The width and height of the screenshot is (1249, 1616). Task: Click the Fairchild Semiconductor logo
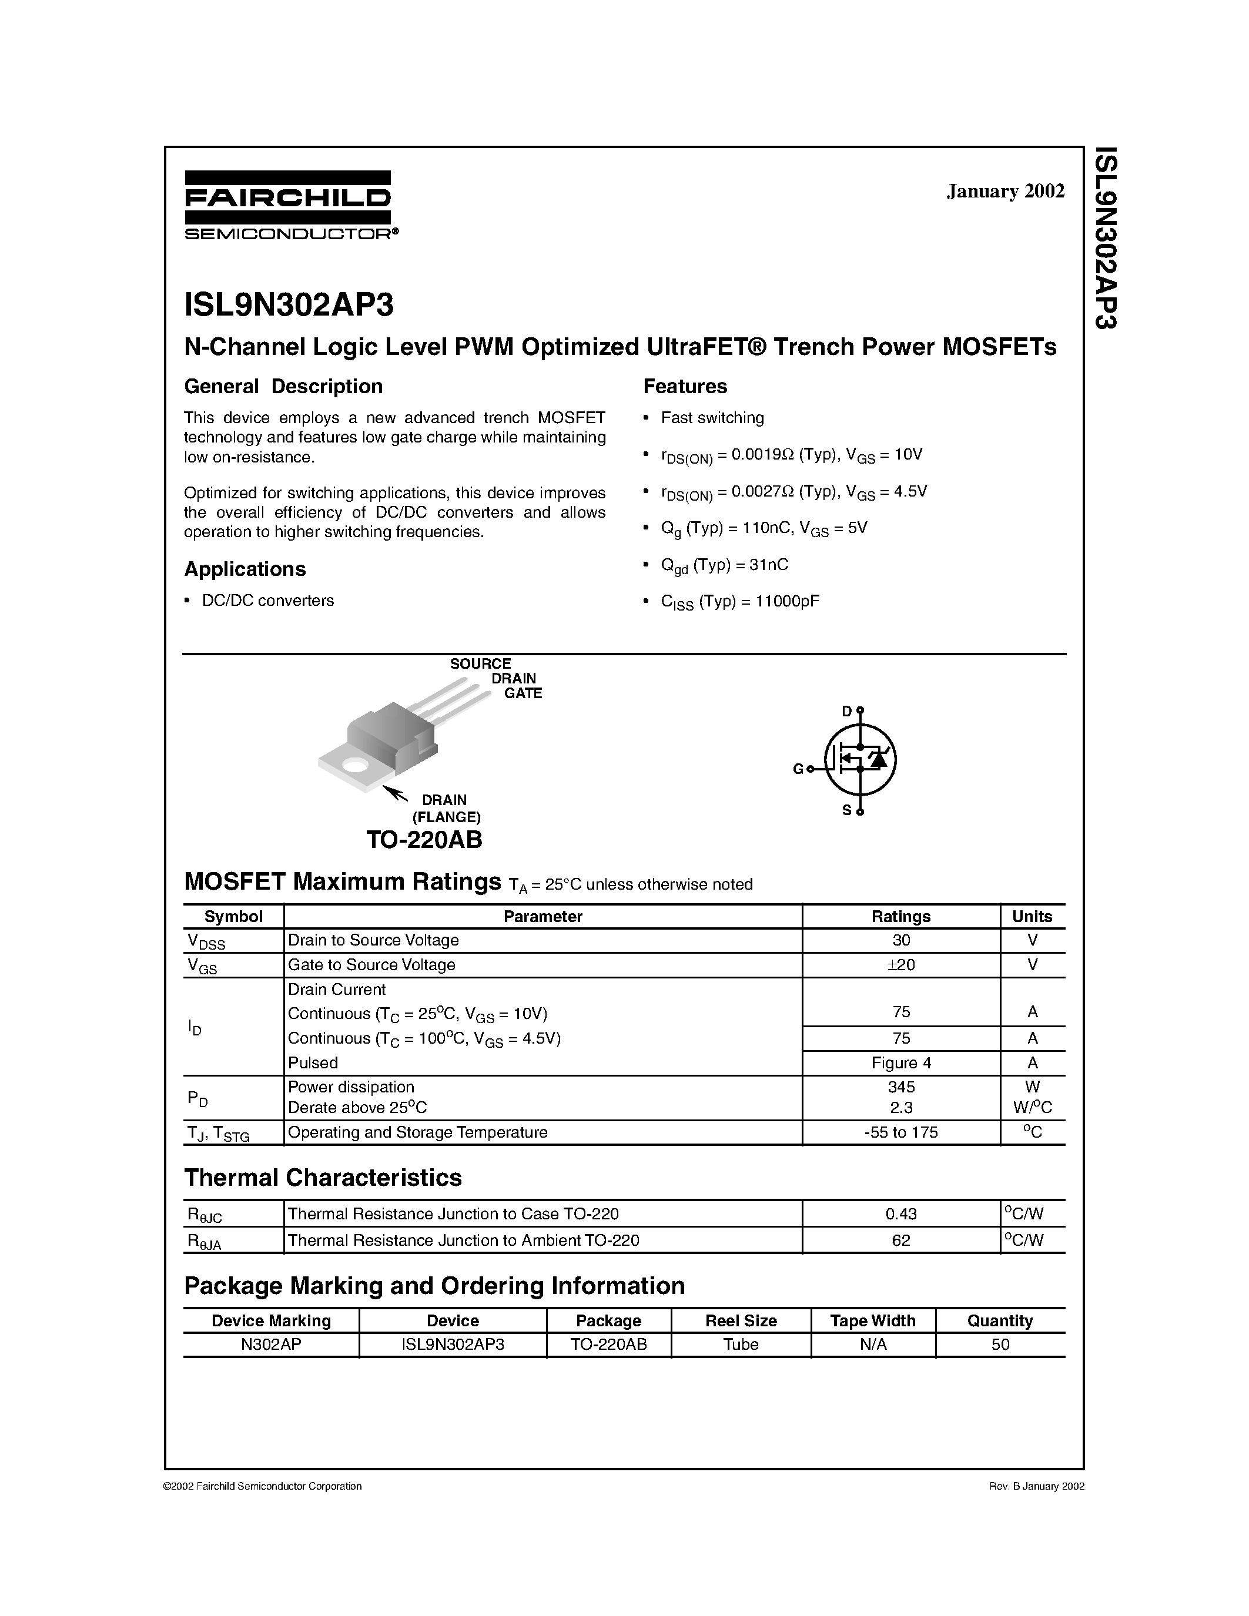click(x=288, y=205)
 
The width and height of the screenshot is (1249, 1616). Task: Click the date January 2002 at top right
click(x=1005, y=191)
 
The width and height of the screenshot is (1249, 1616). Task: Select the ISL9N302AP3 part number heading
click(x=289, y=304)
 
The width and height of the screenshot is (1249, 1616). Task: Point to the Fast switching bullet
click(x=712, y=418)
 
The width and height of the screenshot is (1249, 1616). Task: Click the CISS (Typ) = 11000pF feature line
click(x=740, y=602)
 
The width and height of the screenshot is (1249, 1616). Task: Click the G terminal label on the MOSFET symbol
click(x=798, y=769)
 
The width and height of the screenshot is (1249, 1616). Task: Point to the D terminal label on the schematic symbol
click(x=846, y=712)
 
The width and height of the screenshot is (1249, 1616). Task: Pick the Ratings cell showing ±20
click(x=900, y=965)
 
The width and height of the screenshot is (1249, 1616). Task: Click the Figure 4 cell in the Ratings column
click(x=900, y=1063)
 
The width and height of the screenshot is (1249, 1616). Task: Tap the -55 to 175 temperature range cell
click(x=900, y=1132)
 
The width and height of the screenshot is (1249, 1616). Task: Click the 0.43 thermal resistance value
click(x=900, y=1214)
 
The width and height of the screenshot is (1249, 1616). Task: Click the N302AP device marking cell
click(x=271, y=1345)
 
